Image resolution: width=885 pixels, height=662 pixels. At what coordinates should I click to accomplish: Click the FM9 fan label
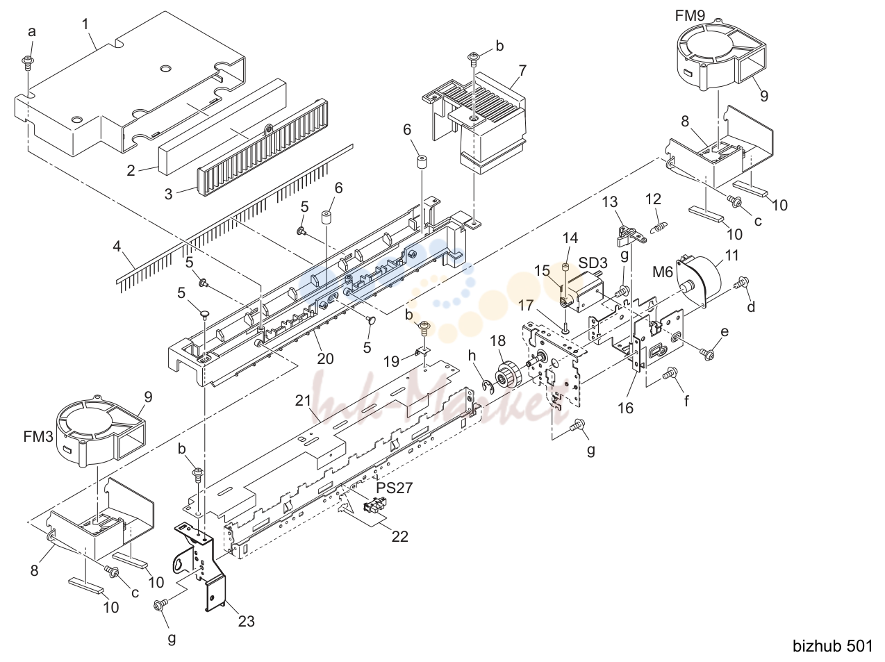click(x=690, y=16)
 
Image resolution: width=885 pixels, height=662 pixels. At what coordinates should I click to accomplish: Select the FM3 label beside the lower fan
click(x=38, y=437)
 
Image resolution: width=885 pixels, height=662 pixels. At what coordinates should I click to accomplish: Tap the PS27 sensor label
click(x=395, y=488)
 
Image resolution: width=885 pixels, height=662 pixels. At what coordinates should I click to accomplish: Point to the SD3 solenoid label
click(x=593, y=263)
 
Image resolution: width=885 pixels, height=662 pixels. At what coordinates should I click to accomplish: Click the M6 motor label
click(x=663, y=272)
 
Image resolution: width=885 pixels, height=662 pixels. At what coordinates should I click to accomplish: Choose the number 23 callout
click(x=246, y=621)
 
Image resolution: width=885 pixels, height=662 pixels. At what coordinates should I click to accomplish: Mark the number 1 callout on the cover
click(x=85, y=24)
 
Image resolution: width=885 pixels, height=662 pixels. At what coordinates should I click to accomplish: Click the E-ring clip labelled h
click(x=488, y=386)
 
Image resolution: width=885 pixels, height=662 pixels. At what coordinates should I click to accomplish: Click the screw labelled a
click(x=28, y=63)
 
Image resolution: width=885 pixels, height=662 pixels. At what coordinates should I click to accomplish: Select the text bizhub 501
click(x=832, y=645)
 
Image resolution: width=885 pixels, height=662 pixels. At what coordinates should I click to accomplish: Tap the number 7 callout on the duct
click(x=522, y=71)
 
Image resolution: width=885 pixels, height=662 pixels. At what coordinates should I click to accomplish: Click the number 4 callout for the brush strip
click(x=117, y=247)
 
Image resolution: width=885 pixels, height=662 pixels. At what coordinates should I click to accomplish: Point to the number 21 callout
click(x=303, y=400)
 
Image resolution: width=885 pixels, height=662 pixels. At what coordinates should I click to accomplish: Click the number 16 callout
click(x=625, y=408)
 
